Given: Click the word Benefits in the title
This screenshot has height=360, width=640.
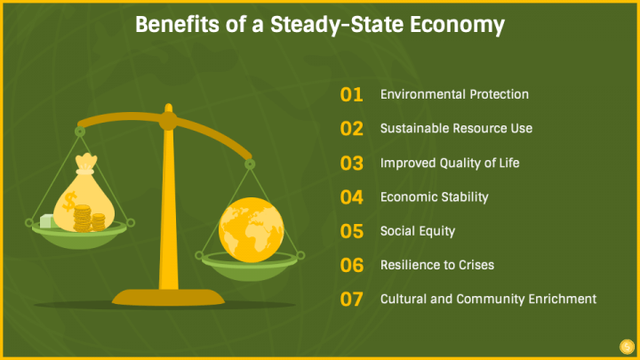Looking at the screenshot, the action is [177, 25].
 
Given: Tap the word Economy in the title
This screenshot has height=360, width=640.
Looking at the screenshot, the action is [457, 26].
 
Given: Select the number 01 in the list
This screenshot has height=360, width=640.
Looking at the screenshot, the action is [351, 95].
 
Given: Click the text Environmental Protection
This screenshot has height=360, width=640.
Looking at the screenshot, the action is [454, 94].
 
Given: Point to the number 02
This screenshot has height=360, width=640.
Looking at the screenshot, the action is [351, 129].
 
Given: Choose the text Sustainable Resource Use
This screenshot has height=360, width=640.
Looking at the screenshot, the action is [456, 128].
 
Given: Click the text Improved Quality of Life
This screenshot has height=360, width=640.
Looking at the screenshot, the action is [450, 163].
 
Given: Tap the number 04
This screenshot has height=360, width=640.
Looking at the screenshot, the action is [351, 197].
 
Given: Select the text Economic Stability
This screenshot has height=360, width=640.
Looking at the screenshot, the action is [435, 197].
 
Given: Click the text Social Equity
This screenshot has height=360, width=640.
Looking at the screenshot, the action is [418, 231].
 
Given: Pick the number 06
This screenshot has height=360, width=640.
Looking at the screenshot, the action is [351, 265].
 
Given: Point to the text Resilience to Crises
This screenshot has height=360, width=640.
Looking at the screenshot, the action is [437, 265].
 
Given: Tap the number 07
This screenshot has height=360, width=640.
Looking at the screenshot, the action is [351, 300].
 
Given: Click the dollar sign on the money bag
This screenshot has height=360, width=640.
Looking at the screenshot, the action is [70, 201].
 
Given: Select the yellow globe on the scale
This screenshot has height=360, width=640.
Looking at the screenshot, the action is [251, 230].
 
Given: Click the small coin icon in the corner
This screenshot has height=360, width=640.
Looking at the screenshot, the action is [627, 347].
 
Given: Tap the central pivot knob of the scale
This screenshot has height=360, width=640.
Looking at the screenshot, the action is [168, 121].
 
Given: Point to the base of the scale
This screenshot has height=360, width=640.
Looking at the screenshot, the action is [168, 298].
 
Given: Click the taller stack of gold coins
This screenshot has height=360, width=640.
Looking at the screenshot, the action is [82, 219].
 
